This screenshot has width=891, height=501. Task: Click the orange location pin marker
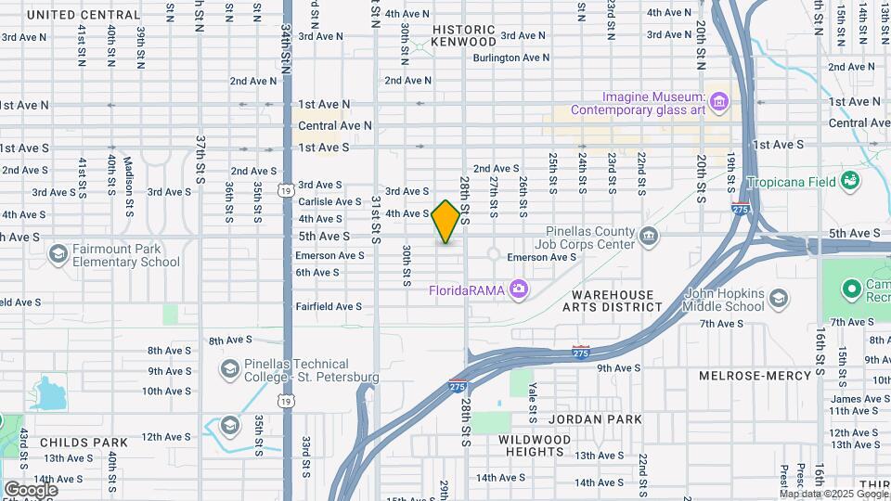pyautogui.click(x=445, y=222)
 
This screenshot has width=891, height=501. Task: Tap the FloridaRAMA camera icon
pyautogui.click(x=519, y=290)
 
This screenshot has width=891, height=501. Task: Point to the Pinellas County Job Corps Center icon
pyautogui.click(x=649, y=237)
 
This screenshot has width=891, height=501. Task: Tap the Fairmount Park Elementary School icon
pyautogui.click(x=58, y=254)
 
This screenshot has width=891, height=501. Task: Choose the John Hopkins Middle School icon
pyautogui.click(x=779, y=300)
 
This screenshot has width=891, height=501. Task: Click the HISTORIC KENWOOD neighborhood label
pyautogui.click(x=464, y=35)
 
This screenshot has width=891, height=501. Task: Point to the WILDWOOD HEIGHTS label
pyautogui.click(x=535, y=445)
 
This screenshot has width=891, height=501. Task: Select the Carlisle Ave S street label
pyautogui.click(x=329, y=201)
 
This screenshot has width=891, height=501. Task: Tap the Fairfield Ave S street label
pyautogui.click(x=329, y=306)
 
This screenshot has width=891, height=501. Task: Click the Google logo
pyautogui.click(x=30, y=490)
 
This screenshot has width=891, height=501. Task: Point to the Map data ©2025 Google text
pyautogui.click(x=833, y=495)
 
